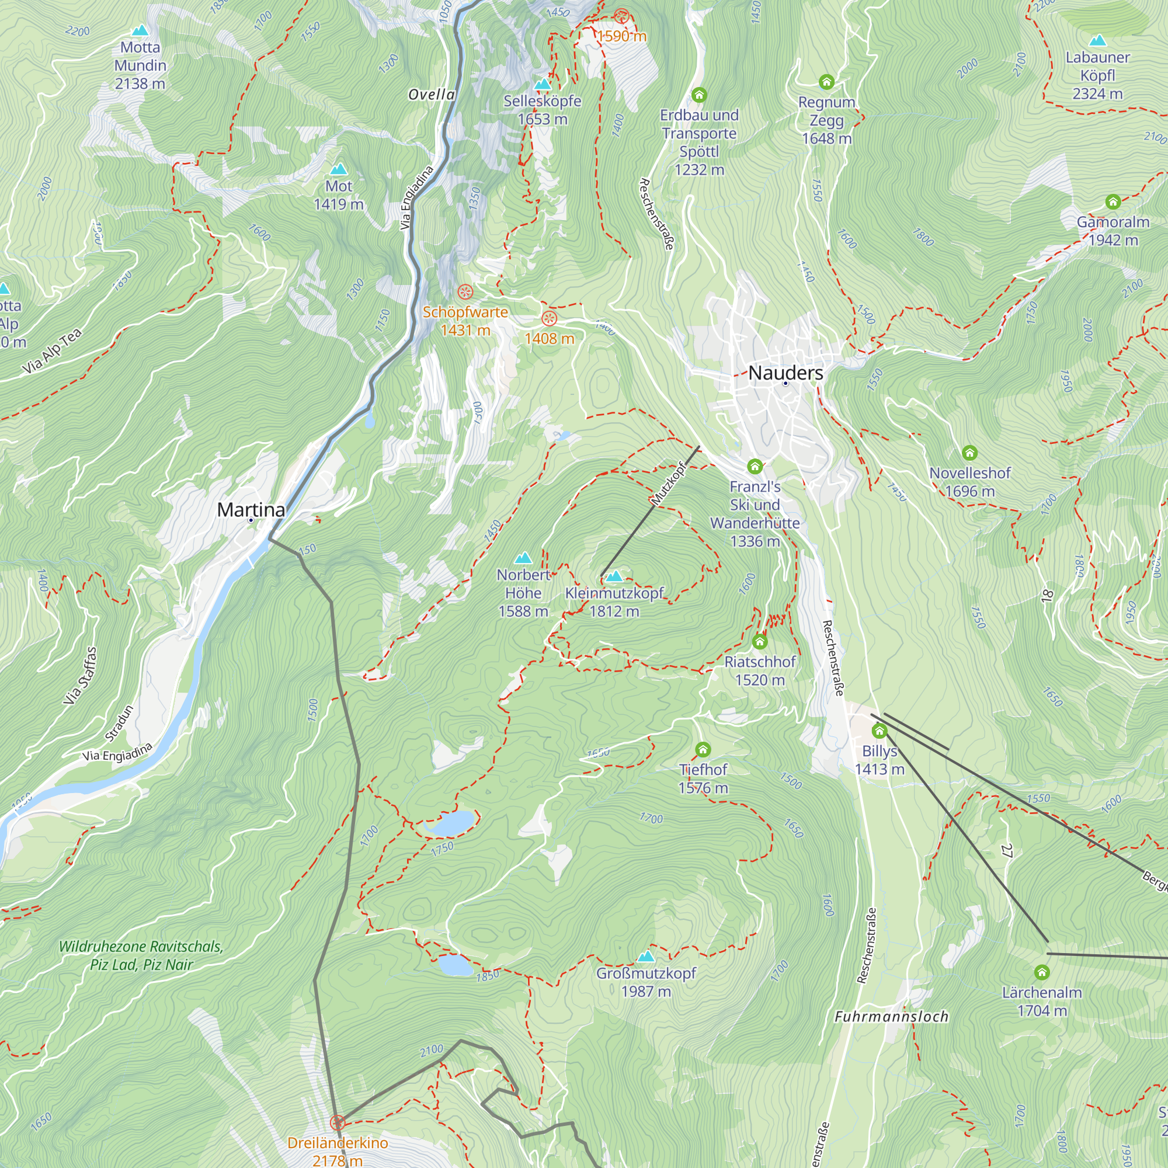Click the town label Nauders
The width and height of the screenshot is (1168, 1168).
[x=785, y=373]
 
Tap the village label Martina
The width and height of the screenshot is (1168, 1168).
[x=251, y=510]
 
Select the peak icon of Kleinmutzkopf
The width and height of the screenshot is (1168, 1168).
[x=614, y=576]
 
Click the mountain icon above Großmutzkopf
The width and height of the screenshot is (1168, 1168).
[x=646, y=957]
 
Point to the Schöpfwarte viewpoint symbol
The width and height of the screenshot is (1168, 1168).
[x=465, y=293]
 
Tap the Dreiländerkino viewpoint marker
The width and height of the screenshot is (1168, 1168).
[x=338, y=1122]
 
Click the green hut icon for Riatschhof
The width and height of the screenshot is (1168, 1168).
[x=760, y=641]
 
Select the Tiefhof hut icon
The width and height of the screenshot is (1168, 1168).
[x=703, y=750]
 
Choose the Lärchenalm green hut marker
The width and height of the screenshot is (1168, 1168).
[x=1042, y=972]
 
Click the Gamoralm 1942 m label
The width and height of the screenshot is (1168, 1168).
[x=1113, y=231]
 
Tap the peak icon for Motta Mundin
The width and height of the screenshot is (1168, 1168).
[x=140, y=30]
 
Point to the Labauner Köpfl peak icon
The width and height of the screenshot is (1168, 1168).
[x=1097, y=40]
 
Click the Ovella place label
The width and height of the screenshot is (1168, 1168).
[x=432, y=94]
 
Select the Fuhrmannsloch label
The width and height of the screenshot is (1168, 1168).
[x=891, y=1017]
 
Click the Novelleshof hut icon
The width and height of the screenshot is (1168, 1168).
[x=969, y=452]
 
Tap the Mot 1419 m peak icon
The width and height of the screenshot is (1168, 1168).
[x=339, y=169]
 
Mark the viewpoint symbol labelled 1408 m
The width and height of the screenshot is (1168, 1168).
[x=549, y=318]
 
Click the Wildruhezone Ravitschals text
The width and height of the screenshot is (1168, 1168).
[x=141, y=947]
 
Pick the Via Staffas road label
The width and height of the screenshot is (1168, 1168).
[x=81, y=675]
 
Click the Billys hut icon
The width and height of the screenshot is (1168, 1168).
[x=880, y=732]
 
